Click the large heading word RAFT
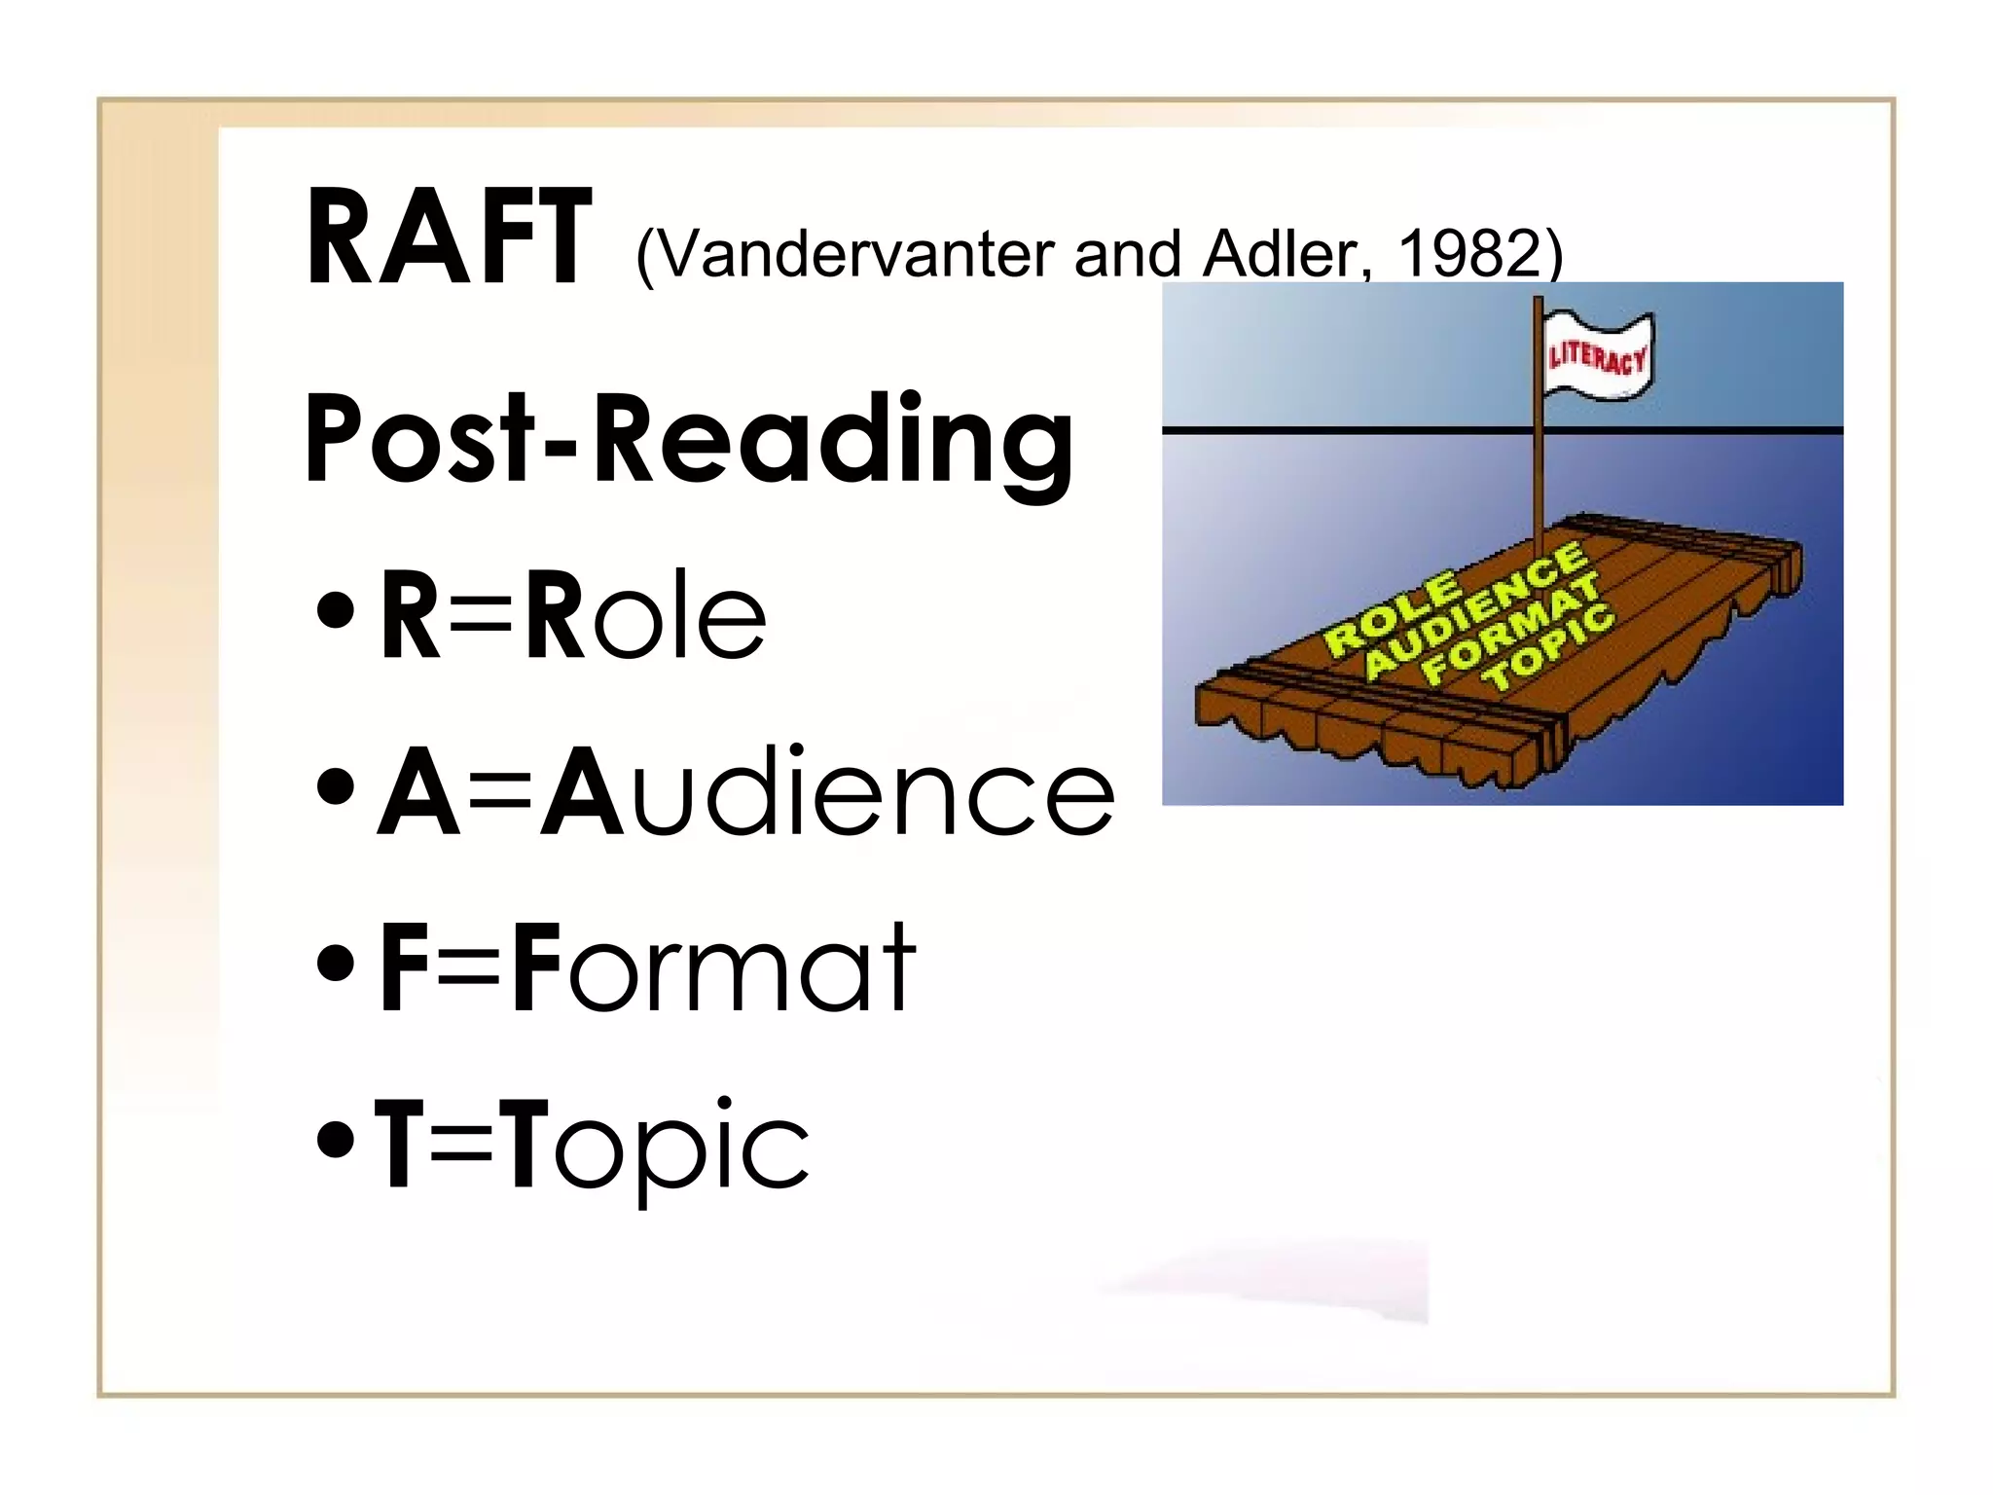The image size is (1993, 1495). pyautogui.click(x=448, y=238)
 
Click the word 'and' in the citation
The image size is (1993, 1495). pyautogui.click(x=1127, y=255)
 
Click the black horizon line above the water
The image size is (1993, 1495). pyautogui.click(x=1343, y=429)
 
